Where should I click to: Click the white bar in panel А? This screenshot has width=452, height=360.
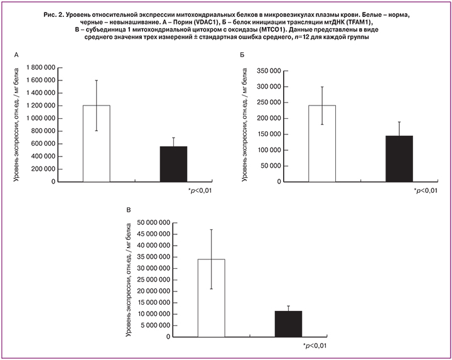coord(96,143)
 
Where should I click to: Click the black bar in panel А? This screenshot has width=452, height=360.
coord(173,164)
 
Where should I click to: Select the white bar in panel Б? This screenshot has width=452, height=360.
coord(322,143)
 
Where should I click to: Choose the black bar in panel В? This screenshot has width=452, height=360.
coord(288,324)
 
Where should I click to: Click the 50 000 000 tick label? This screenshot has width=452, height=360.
coord(151,222)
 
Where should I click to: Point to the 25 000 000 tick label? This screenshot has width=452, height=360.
coord(151,280)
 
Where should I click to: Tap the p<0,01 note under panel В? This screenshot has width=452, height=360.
coord(316,346)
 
